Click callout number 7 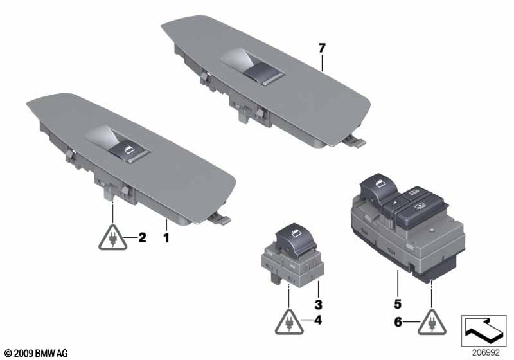click(322, 48)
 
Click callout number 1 click(166, 237)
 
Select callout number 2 click(142, 237)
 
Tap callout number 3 click(318, 305)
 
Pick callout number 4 click(317, 320)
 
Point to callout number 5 click(398, 304)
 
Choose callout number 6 click(398, 322)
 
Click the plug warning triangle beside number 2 click(113, 239)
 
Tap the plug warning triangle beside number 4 click(289, 323)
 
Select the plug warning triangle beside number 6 click(432, 323)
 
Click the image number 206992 click(486, 353)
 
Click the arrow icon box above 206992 click(484, 330)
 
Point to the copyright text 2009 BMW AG click(37, 354)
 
